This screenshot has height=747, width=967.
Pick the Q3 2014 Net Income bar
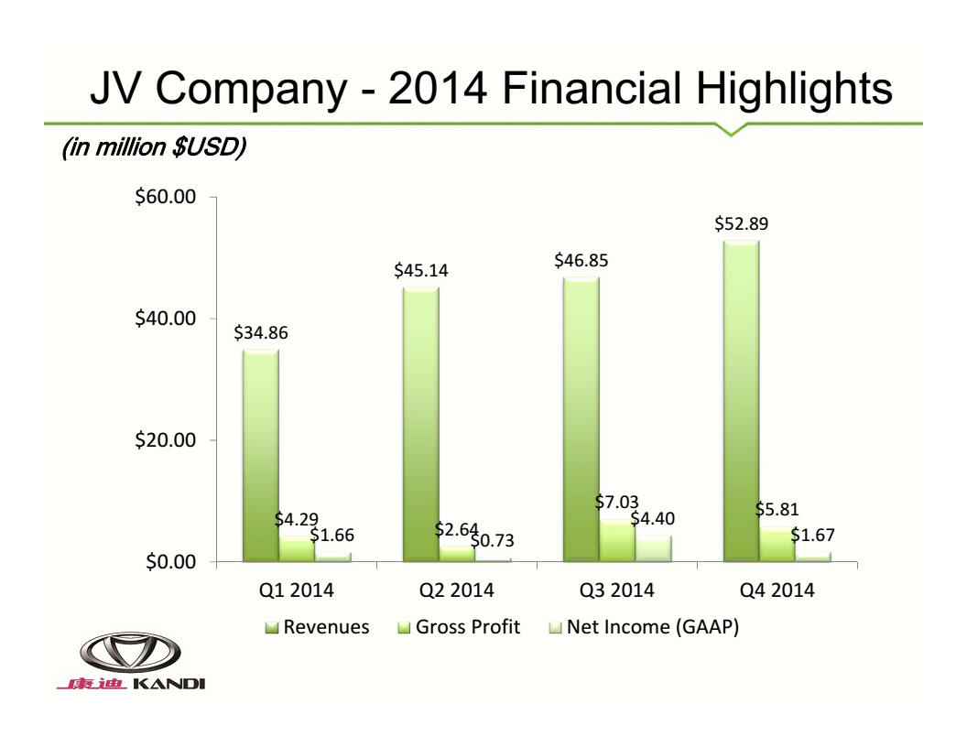tap(653, 547)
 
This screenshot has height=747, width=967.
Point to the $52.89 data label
tap(741, 223)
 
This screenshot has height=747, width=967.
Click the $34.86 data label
tap(260, 333)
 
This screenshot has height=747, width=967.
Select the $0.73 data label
tap(493, 542)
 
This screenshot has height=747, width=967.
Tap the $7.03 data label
tap(616, 502)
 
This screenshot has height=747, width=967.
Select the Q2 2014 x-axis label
tap(456, 590)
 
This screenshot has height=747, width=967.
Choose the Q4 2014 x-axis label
tap(777, 590)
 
